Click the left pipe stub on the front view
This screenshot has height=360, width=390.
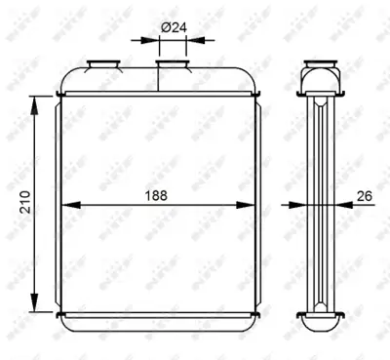101,65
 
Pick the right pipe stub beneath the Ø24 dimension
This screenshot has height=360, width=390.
173,65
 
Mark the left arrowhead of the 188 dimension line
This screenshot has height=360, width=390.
67,206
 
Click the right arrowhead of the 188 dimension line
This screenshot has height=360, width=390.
250,206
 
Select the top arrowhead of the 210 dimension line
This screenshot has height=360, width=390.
36,100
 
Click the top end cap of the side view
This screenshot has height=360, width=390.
320,77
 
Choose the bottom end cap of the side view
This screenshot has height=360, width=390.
320,314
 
